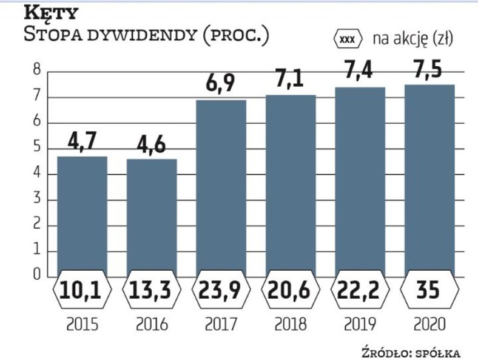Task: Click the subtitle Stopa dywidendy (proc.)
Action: click(146, 33)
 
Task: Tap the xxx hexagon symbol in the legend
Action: click(348, 39)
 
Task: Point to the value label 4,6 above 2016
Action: click(151, 146)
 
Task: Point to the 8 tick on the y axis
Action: click(37, 71)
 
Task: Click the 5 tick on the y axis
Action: click(37, 148)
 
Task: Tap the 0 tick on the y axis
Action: click(37, 275)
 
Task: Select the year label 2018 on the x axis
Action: click(290, 324)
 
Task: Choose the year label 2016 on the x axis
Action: click(151, 324)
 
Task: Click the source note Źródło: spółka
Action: click(411, 352)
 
